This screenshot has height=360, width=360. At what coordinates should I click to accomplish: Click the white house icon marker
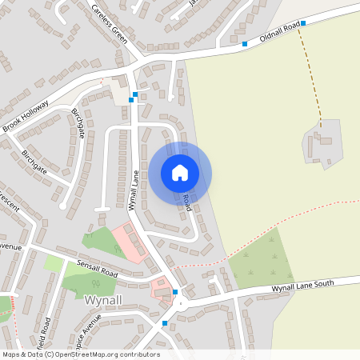point(180,172)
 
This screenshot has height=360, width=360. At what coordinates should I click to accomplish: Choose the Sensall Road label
point(97,268)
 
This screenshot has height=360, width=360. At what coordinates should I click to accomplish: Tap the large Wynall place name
point(103,300)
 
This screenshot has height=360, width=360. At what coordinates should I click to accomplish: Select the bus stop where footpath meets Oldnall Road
point(303,24)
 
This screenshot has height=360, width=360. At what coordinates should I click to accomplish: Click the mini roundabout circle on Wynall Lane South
point(182,302)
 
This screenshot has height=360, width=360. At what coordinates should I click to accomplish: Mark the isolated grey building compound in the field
point(322,144)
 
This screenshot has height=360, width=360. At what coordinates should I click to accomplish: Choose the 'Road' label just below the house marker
point(186,202)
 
